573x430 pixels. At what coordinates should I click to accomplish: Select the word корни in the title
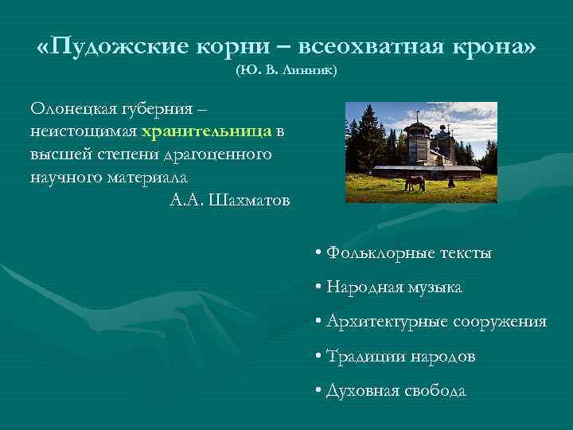(x=228, y=46)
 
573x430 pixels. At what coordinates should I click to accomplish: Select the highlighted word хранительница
(x=206, y=131)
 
